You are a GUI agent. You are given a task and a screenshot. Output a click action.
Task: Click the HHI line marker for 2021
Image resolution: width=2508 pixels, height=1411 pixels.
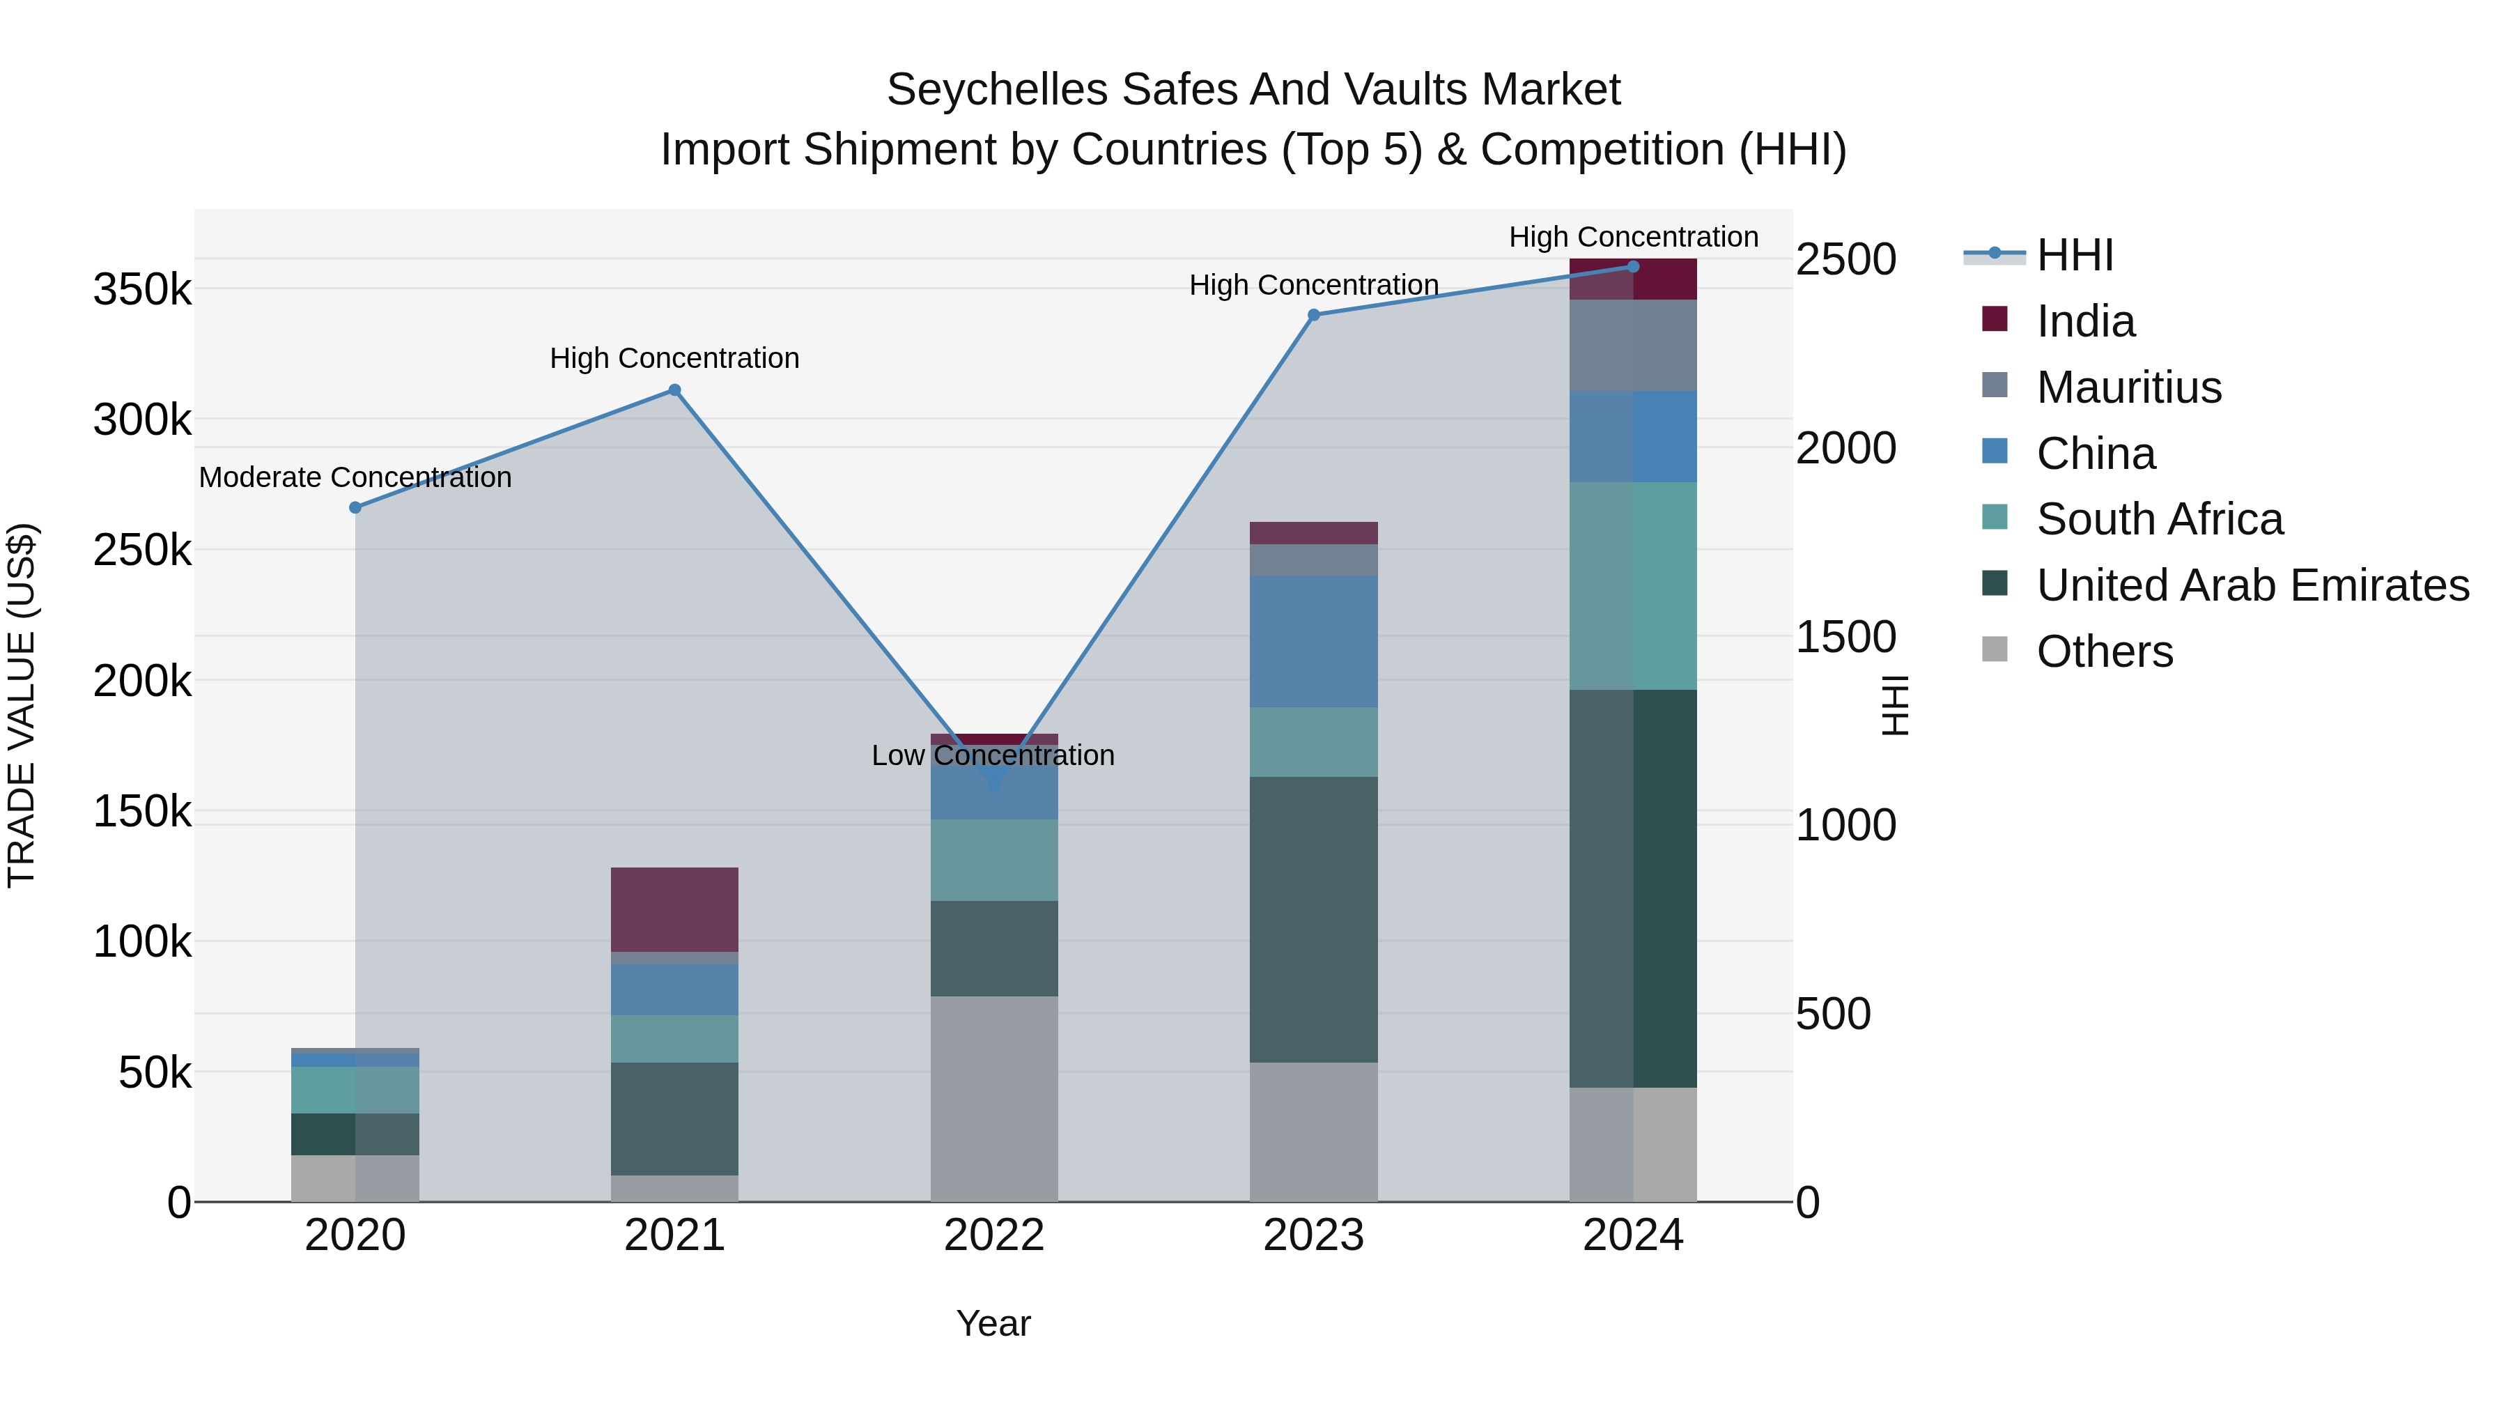click(x=674, y=390)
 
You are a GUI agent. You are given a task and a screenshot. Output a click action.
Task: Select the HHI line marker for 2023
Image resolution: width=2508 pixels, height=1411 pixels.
click(x=1313, y=314)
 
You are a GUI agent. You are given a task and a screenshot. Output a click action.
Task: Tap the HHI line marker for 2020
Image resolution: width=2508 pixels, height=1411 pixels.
click(x=355, y=507)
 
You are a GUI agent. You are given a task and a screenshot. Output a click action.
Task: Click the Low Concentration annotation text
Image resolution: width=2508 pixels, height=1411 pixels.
click(x=992, y=755)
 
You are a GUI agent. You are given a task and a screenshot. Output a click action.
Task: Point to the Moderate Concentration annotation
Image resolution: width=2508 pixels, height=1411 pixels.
click(x=355, y=477)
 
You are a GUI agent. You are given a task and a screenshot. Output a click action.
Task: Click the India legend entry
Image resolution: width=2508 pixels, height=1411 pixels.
click(x=2084, y=321)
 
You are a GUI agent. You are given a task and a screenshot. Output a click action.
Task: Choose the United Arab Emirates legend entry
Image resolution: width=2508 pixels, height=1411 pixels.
click(x=2252, y=585)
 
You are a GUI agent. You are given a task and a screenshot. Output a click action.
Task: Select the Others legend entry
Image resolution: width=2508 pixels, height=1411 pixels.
click(x=2104, y=651)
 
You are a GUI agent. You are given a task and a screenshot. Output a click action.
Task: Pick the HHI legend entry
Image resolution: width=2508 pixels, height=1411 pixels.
click(x=2074, y=255)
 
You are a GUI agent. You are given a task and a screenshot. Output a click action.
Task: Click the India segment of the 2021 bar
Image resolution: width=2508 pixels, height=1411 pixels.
click(x=674, y=909)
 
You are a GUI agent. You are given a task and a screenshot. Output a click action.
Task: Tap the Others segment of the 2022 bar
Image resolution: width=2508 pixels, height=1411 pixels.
click(x=993, y=1097)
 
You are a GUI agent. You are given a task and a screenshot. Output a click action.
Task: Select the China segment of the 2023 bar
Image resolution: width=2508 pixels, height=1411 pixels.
click(x=1313, y=641)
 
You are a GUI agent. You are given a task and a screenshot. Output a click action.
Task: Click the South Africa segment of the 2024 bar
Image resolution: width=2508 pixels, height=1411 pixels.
click(x=1633, y=585)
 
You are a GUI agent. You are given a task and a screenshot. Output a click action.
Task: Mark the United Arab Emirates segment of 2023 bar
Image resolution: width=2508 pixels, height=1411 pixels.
click(x=1313, y=918)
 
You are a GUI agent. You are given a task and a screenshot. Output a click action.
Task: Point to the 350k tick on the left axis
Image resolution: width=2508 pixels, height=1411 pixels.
click(x=142, y=290)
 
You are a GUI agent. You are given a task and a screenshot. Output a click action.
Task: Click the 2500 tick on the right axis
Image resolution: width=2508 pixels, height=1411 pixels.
click(x=1845, y=260)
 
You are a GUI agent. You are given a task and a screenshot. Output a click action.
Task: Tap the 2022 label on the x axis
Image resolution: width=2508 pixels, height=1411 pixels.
click(x=993, y=1235)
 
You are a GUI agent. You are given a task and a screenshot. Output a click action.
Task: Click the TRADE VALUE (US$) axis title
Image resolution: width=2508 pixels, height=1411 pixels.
click(x=22, y=705)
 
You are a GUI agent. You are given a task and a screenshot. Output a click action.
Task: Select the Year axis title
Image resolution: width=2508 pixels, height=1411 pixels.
click(x=993, y=1323)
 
